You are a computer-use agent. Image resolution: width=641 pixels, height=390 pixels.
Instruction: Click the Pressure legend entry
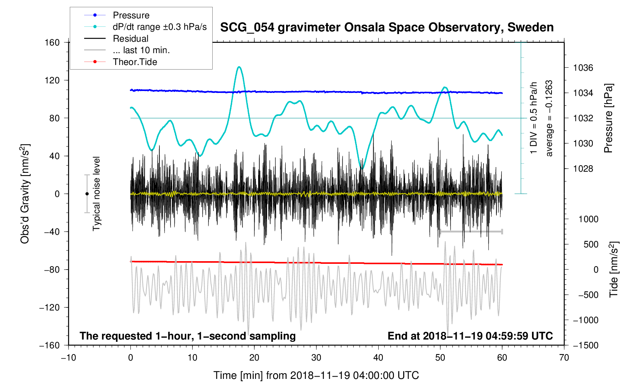click(131, 15)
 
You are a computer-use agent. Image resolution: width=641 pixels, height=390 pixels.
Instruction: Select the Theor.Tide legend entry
click(135, 62)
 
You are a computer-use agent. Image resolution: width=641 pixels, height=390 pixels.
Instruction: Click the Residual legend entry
click(130, 39)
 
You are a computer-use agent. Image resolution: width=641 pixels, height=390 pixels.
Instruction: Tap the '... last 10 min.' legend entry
click(141, 50)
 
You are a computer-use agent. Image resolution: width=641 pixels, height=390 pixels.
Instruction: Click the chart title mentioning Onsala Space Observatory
click(387, 28)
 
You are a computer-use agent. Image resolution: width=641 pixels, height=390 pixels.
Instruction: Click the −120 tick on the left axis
click(50, 307)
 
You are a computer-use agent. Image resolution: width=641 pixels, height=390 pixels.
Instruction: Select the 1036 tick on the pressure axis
click(583, 68)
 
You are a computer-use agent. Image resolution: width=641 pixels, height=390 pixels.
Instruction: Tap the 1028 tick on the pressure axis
click(583, 169)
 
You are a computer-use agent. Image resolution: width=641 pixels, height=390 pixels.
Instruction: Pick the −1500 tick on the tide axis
click(585, 345)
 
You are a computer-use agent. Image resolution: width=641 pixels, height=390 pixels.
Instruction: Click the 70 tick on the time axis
click(564, 358)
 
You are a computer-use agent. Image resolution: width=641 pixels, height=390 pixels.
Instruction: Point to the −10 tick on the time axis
click(68, 358)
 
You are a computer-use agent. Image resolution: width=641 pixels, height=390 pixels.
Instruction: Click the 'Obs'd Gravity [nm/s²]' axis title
click(25, 194)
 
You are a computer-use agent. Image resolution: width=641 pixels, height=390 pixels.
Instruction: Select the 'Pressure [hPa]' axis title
click(608, 118)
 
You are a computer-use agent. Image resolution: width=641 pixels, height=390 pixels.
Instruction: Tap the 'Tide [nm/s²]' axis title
click(613, 270)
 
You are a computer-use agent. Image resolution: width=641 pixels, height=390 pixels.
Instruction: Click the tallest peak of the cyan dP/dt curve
click(239, 67)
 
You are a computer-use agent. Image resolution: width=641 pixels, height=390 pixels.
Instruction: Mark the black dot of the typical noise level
click(87, 194)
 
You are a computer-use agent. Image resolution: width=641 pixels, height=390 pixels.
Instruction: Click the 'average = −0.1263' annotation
click(549, 118)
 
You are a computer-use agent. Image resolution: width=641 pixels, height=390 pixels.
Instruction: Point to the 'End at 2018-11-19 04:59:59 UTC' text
click(470, 336)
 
